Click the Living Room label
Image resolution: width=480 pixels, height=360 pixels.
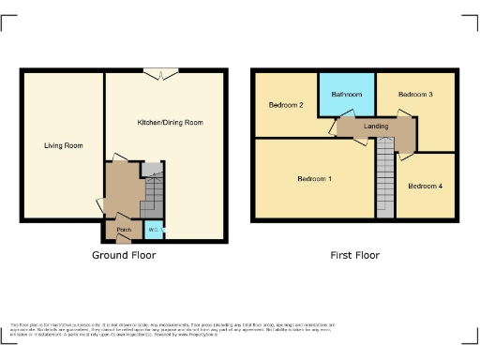pos(63,145)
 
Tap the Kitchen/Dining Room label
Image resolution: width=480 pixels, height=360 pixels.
pos(170,123)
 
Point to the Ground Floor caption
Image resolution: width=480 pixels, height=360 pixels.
pos(124,255)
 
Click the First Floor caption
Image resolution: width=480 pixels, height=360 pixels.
pos(353,255)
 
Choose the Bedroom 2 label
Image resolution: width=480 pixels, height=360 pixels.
pos(286,105)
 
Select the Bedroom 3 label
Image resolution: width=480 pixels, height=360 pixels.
pos(414,95)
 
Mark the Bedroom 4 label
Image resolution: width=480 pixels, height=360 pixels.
pos(425,186)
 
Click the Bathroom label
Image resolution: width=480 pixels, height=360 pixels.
pos(347,95)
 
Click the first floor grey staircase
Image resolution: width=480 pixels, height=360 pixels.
pos(385,178)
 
